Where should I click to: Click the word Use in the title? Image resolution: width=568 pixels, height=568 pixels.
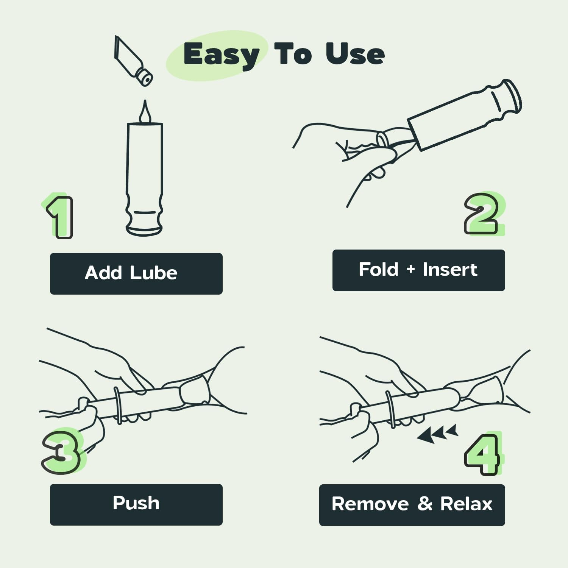(x=355, y=54)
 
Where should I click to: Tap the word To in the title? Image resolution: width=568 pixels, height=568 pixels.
(x=293, y=54)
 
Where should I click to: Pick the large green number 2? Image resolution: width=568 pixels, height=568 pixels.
(x=484, y=214)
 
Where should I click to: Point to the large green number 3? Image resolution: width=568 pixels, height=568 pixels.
(x=61, y=451)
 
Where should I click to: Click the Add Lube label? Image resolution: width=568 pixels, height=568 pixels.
(x=131, y=273)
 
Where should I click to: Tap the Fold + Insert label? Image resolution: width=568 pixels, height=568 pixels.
(x=418, y=270)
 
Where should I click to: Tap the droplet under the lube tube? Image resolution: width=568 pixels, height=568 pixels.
(x=145, y=112)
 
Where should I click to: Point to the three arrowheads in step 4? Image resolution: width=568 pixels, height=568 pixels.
(x=437, y=434)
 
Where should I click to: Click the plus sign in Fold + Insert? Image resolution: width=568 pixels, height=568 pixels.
(x=410, y=270)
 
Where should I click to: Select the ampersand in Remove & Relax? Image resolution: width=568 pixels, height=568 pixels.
(x=425, y=504)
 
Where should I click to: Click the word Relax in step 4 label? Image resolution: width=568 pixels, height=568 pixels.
(x=466, y=504)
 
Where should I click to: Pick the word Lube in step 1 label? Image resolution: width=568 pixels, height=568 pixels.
(x=153, y=273)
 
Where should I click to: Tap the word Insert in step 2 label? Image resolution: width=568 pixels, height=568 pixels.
(x=450, y=270)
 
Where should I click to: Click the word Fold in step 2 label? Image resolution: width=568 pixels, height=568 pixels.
(x=379, y=269)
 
